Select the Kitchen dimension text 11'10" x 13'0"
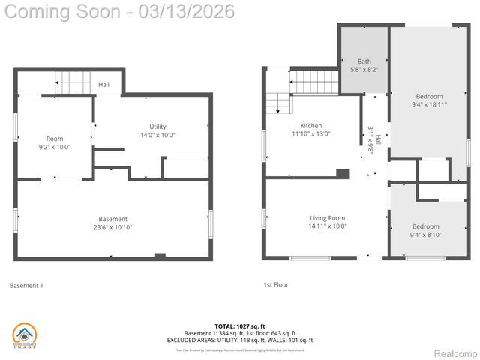[311, 134]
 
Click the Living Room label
[328, 218]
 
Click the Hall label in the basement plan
[103, 85]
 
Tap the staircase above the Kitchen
[315, 80]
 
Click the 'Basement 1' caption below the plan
[26, 285]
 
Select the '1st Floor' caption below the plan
[275, 285]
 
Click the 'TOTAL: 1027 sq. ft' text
[240, 326]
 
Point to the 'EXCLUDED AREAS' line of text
[240, 340]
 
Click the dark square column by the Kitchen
[343, 173]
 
